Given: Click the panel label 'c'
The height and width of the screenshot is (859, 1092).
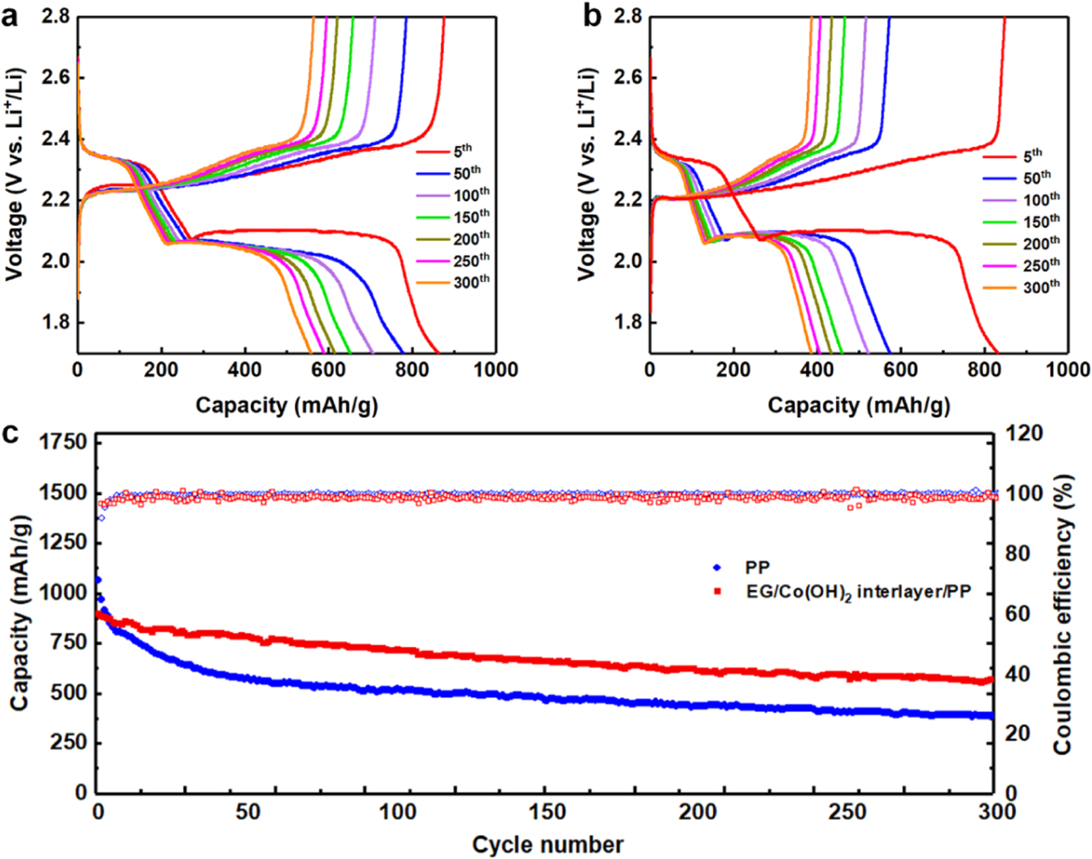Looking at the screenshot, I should (10, 434).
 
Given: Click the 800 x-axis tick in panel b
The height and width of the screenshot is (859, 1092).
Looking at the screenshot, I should (983, 370).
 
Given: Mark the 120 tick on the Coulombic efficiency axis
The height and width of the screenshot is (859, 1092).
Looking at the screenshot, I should (1024, 434).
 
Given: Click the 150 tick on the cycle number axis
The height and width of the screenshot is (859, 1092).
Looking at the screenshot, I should (547, 811).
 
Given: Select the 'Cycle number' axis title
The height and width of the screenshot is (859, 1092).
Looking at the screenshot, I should (547, 845).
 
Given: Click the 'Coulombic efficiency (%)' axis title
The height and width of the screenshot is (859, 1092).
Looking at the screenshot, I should (1063, 614).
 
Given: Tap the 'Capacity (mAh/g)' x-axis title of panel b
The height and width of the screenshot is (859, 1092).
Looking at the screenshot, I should (858, 405).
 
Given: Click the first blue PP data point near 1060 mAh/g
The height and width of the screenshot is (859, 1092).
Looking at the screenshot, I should (98, 580).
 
